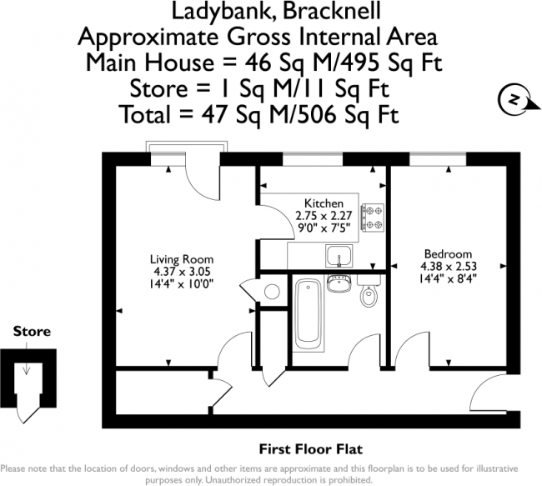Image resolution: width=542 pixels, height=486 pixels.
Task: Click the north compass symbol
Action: (x=511, y=100)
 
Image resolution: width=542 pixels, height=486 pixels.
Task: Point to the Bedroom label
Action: (x=448, y=254)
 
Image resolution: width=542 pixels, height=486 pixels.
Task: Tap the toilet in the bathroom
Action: (x=366, y=294)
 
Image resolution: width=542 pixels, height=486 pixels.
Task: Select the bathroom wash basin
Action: (x=339, y=283)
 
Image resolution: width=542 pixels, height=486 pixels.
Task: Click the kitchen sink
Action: (x=340, y=255)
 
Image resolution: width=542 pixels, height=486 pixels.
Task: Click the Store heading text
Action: (x=32, y=332)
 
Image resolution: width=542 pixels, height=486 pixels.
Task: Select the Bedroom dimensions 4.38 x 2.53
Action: (x=448, y=267)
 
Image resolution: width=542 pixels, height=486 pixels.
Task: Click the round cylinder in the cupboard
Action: (x=271, y=291)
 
